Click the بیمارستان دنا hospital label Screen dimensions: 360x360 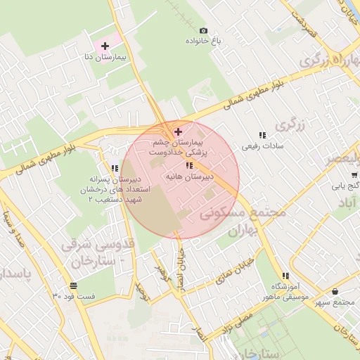[105, 55]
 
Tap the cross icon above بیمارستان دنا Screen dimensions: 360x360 [105, 45]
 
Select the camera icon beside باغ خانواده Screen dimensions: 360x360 [204, 30]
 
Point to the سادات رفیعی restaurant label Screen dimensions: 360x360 [262, 146]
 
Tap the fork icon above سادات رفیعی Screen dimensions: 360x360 [262, 135]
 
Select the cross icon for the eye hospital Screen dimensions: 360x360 [177, 131]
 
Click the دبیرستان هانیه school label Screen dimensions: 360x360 [188, 178]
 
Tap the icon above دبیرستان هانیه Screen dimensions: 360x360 [188, 166]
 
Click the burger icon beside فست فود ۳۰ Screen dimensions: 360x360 [74, 285]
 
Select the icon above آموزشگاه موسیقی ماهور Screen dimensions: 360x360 [285, 276]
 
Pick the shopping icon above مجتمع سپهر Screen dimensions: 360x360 [334, 291]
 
